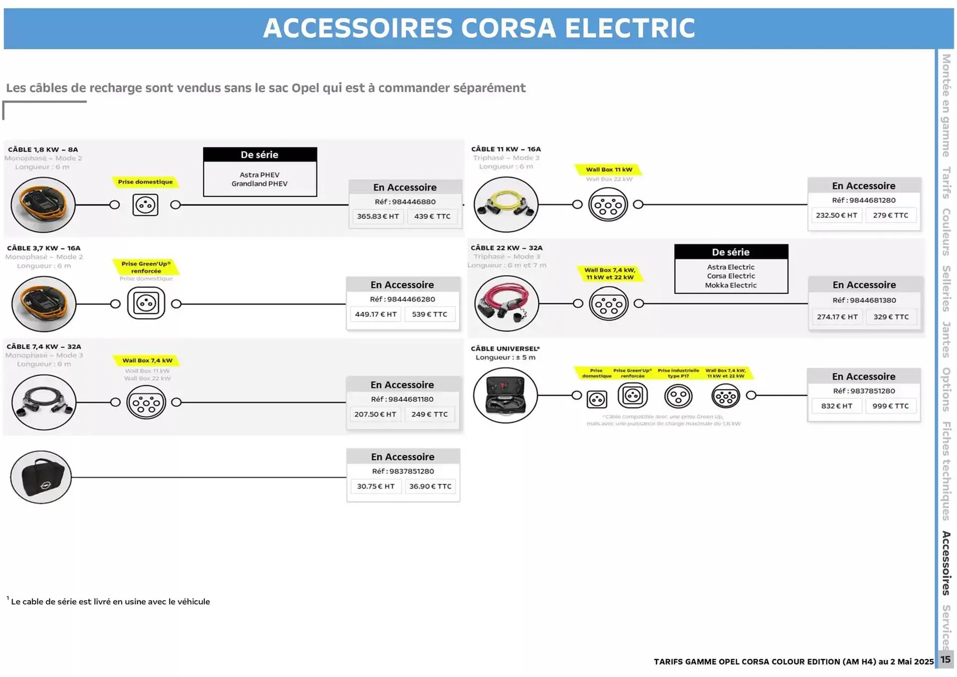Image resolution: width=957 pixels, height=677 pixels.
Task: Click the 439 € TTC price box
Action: [x=432, y=216]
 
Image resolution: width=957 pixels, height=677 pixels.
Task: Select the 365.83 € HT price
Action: [x=378, y=216]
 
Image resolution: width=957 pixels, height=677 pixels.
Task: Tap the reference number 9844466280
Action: [x=402, y=299]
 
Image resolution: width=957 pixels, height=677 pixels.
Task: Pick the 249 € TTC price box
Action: [x=429, y=414]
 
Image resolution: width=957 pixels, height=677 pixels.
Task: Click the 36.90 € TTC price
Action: [x=430, y=486]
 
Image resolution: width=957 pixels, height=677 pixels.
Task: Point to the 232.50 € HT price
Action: [x=836, y=215]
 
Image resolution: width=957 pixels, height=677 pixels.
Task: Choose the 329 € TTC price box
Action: [x=891, y=317]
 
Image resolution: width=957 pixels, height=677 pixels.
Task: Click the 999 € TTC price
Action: [x=890, y=406]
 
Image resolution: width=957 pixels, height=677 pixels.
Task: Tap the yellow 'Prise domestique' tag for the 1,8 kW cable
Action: [x=145, y=182]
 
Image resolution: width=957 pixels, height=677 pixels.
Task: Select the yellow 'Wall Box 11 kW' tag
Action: [x=609, y=169]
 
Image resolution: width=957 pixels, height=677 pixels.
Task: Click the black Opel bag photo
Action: [x=41, y=477]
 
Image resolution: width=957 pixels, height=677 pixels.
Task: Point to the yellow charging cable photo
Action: [x=506, y=204]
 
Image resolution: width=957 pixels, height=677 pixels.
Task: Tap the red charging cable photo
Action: [x=506, y=304]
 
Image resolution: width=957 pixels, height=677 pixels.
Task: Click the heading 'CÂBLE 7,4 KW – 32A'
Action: [x=44, y=346]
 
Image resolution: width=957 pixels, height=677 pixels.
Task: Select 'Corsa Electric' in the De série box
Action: [x=731, y=276]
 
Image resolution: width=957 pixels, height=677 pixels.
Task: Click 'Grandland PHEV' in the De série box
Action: [x=259, y=184]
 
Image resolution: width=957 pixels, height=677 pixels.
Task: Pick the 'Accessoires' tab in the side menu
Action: [x=946, y=563]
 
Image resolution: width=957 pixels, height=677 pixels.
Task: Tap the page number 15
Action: [x=946, y=660]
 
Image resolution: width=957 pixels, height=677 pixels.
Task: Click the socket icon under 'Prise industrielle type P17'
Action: [x=678, y=397]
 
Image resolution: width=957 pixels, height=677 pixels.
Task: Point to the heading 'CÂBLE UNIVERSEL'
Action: [x=505, y=348]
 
